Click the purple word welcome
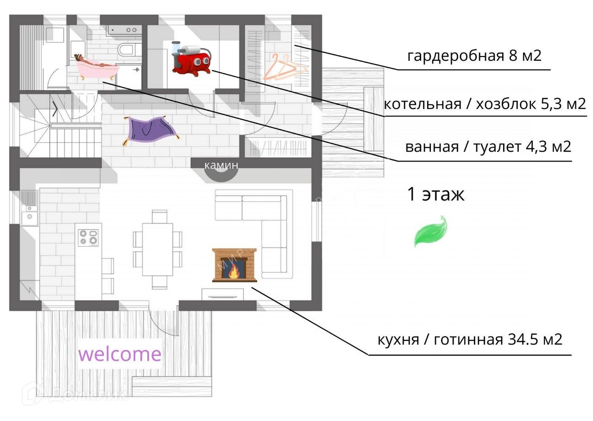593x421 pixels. click(x=120, y=354)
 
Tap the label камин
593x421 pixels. click(x=221, y=165)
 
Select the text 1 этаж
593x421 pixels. click(x=435, y=195)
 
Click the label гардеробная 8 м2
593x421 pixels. click(x=474, y=57)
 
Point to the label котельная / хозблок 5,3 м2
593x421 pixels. click(x=485, y=104)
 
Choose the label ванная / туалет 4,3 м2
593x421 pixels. click(x=488, y=147)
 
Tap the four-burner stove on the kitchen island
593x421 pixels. click(x=88, y=237)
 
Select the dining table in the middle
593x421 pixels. click(x=158, y=249)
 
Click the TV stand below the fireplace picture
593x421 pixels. click(x=223, y=294)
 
